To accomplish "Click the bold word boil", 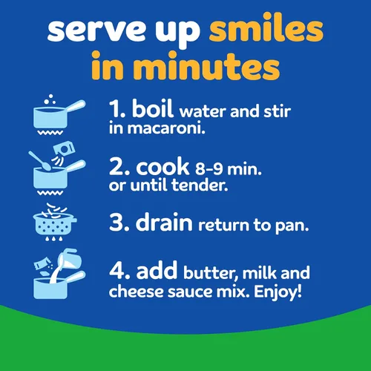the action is (x=152, y=108).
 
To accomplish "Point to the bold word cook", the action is (x=162, y=166).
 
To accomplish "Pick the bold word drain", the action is (x=164, y=222).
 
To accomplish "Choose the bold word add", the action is (x=157, y=270).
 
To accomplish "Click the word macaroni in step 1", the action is (x=166, y=128).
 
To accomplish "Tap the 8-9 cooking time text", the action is (x=209, y=169).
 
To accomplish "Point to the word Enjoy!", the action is (x=278, y=292).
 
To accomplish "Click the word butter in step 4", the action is (x=211, y=273).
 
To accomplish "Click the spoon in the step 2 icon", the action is (x=39, y=161).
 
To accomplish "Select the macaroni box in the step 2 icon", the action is (x=64, y=149).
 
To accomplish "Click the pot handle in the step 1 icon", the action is (x=75, y=106).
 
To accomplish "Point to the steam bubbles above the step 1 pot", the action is (x=50, y=99).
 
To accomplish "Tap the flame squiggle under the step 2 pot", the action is (x=50, y=193).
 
